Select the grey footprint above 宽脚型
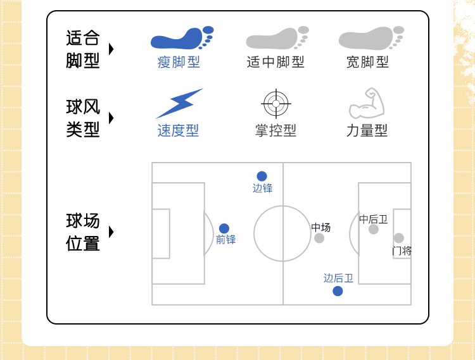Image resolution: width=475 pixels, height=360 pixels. click(x=371, y=38)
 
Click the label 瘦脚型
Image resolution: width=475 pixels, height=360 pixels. click(x=179, y=62)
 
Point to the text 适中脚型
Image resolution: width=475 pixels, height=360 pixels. click(x=275, y=62)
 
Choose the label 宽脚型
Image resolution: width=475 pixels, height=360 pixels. click(x=367, y=62)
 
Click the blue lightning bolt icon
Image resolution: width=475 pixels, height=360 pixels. click(x=179, y=103)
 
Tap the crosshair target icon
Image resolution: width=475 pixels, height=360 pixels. click(x=276, y=104)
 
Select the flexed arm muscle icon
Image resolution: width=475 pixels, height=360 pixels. click(x=367, y=104)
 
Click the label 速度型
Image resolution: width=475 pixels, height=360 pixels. click(x=178, y=130)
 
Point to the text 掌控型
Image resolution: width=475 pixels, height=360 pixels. click(x=275, y=130)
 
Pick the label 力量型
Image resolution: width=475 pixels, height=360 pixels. click(x=367, y=130)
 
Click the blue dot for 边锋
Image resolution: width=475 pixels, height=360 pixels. click(x=262, y=177)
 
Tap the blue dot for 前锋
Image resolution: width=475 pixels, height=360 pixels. click(x=224, y=228)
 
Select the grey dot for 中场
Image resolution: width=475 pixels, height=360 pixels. click(x=319, y=238)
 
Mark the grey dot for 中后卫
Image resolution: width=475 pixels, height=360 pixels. click(x=374, y=229)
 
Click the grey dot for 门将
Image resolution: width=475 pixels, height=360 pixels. click(x=398, y=239)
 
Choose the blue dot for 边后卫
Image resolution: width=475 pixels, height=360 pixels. click(x=338, y=291)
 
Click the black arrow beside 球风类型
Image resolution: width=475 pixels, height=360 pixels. click(x=111, y=118)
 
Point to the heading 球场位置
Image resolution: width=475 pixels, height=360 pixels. click(x=83, y=232)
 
